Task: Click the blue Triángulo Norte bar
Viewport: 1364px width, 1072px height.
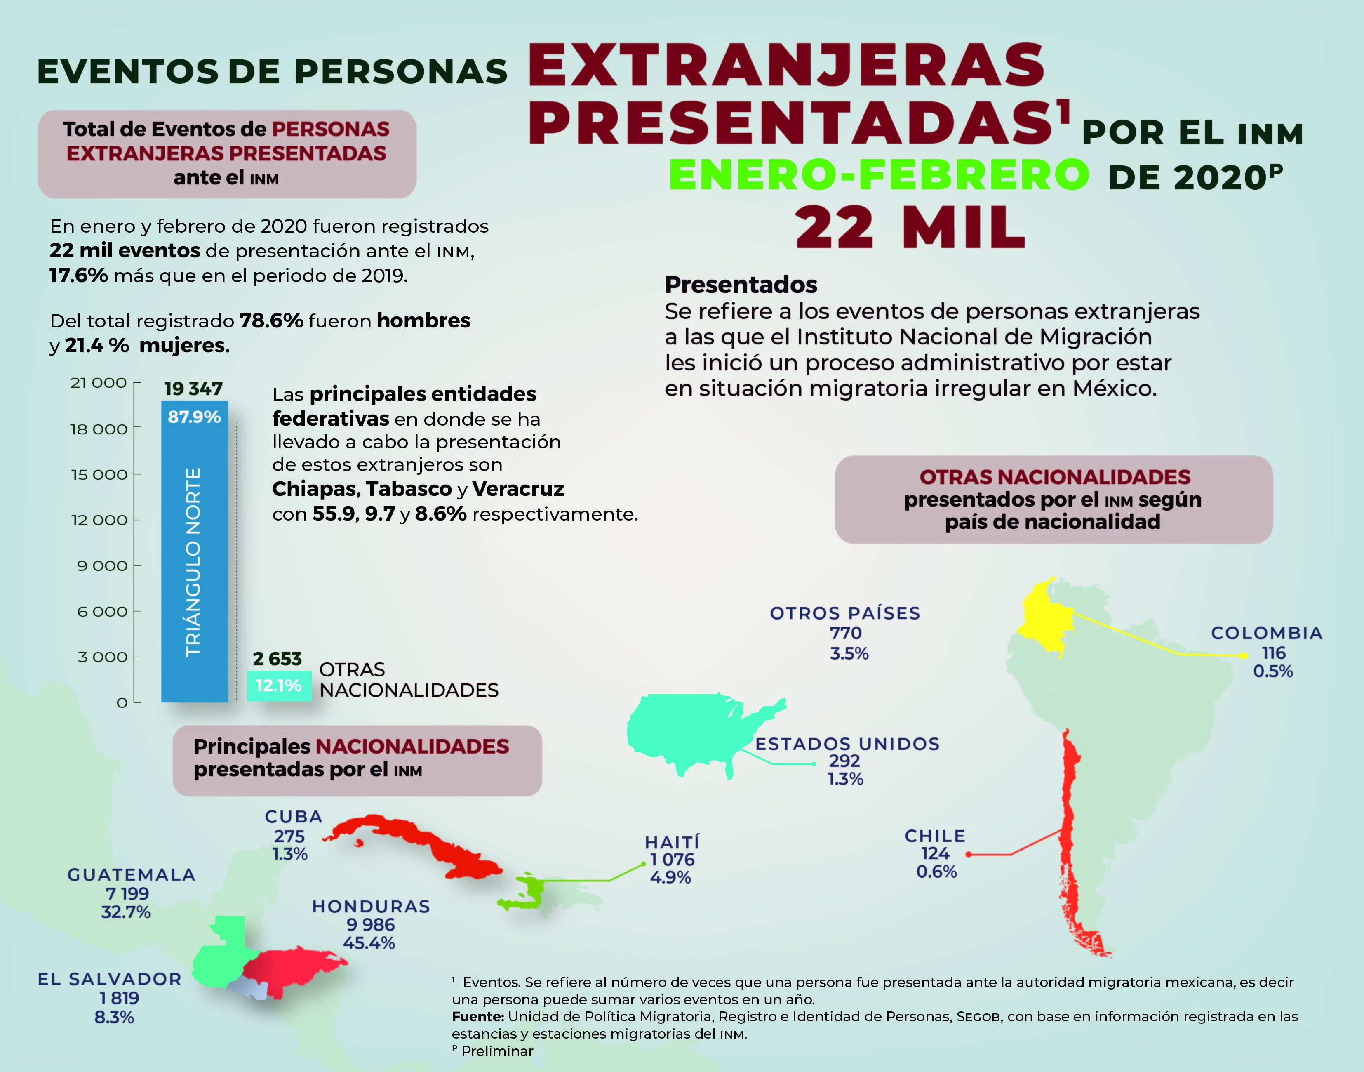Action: click(x=195, y=552)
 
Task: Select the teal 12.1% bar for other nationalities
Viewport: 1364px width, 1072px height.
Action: click(x=279, y=686)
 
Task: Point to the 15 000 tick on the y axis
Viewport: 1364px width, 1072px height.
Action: click(x=99, y=474)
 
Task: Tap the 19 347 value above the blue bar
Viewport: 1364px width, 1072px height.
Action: click(x=193, y=389)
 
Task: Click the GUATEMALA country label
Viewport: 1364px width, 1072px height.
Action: click(x=131, y=874)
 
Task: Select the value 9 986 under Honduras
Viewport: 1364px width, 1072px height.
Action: click(x=370, y=924)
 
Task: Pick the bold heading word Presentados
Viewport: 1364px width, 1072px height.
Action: click(x=741, y=285)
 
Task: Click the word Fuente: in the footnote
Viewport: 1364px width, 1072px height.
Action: click(x=477, y=1016)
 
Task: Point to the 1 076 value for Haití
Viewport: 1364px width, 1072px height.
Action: click(x=671, y=859)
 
